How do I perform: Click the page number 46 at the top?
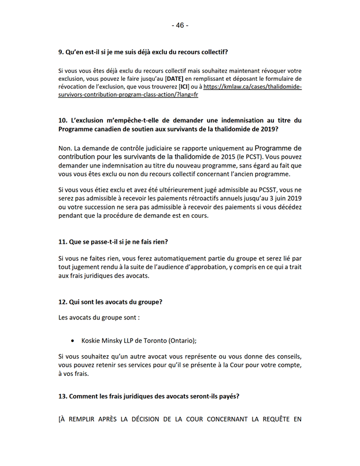pyautogui.click(x=180, y=25)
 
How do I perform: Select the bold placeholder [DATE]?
pyautogui.click(x=175, y=79)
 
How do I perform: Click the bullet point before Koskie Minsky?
pyautogui.click(x=72, y=340)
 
